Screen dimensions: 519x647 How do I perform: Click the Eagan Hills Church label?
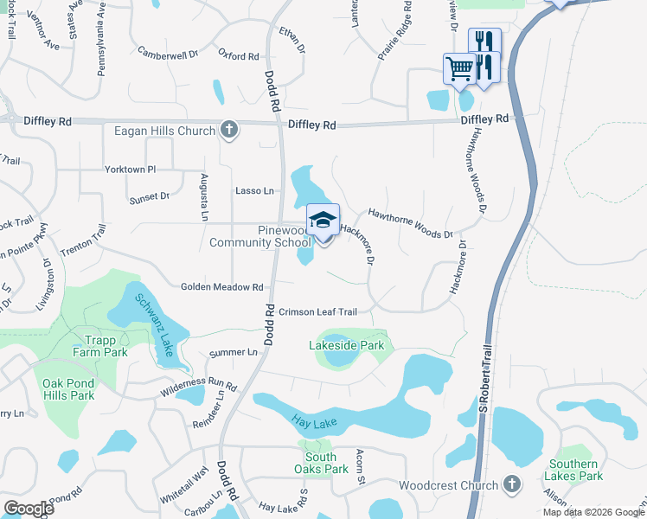[x=164, y=131]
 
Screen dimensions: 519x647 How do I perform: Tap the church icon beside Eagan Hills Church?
[x=228, y=130]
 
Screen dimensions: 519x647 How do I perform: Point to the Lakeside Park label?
[x=345, y=345]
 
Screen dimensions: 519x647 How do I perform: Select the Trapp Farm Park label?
[x=106, y=346]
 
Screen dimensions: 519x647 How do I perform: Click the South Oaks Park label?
[x=321, y=463]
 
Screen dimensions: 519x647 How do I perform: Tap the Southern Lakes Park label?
[x=573, y=470]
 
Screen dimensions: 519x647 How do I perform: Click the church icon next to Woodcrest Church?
[x=512, y=484]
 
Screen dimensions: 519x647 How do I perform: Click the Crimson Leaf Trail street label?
[x=317, y=311]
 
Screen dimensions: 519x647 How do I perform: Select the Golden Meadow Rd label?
[x=221, y=286]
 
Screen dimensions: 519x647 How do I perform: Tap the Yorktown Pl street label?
[x=130, y=170]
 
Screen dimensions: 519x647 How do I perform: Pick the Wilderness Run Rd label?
[x=198, y=386]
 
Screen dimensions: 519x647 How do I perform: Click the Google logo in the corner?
[x=29, y=508]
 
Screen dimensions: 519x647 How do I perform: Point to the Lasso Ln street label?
[x=254, y=190]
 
